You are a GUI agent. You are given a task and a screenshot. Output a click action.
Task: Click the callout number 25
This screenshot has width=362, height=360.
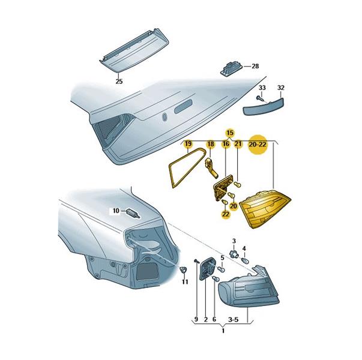click(119, 82)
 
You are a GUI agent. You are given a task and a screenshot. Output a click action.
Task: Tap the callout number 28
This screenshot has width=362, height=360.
click(255, 66)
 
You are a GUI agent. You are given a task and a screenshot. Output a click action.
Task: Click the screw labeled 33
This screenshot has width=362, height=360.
click(261, 98)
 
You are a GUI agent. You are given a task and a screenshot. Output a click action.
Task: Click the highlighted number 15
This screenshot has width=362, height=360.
click(230, 133)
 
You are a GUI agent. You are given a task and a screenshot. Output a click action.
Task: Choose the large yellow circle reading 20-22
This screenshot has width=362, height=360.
click(258, 145)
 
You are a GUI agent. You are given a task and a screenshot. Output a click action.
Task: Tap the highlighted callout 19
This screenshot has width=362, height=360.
click(189, 144)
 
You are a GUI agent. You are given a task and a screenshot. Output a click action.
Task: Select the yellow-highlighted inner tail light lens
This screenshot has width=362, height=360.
click(265, 208)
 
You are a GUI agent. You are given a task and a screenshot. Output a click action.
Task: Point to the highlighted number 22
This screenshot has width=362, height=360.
click(226, 214)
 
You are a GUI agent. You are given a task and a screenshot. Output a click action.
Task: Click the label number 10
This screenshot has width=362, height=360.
click(116, 211)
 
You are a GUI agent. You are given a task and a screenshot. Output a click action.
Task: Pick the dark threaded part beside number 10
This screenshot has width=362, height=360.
click(133, 214)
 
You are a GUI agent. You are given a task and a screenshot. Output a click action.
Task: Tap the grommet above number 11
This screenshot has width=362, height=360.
click(184, 269)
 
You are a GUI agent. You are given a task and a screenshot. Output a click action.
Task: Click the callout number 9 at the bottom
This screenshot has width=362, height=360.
click(196, 319)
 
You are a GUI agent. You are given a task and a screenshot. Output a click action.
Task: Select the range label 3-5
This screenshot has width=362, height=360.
click(233, 319)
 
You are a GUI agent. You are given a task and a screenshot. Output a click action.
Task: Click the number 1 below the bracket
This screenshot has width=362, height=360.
click(223, 331)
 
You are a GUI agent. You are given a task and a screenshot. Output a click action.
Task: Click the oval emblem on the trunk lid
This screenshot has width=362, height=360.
click(164, 117)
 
